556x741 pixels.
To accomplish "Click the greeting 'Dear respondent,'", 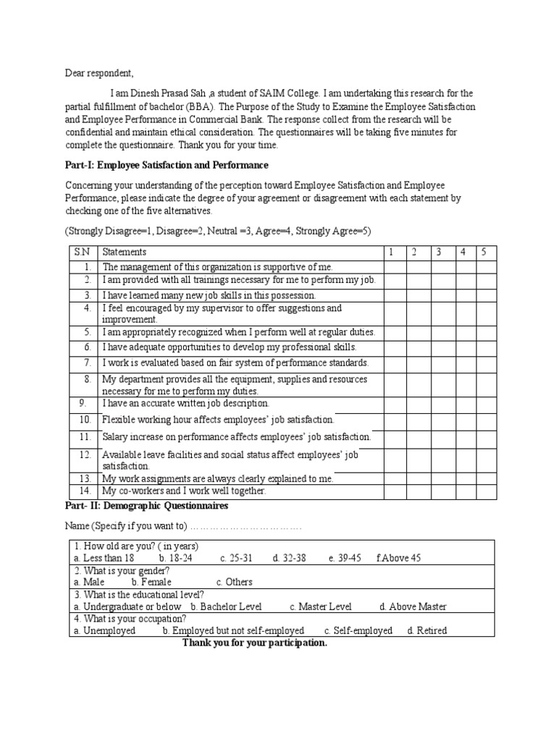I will [99, 74].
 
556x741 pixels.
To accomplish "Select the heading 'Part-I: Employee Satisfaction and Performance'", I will [167, 166].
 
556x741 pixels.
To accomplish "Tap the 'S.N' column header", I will [81, 252].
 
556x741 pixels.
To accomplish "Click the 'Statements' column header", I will [125, 252].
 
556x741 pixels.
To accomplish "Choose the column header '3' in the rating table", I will [438, 252].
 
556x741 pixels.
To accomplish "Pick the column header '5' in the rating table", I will [485, 252].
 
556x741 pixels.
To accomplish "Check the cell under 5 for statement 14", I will [485, 491].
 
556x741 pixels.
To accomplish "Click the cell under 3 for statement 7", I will [438, 363].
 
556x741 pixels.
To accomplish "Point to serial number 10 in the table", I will [85, 420].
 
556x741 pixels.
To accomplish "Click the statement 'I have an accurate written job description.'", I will [186, 403].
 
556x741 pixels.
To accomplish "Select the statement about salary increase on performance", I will [236, 437].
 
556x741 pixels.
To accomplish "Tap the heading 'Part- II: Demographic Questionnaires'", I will [146, 505].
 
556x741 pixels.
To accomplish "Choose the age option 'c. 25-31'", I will [236, 558].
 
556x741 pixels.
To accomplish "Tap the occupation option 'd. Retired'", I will [427, 630].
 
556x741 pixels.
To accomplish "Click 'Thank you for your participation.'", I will [255, 643].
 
